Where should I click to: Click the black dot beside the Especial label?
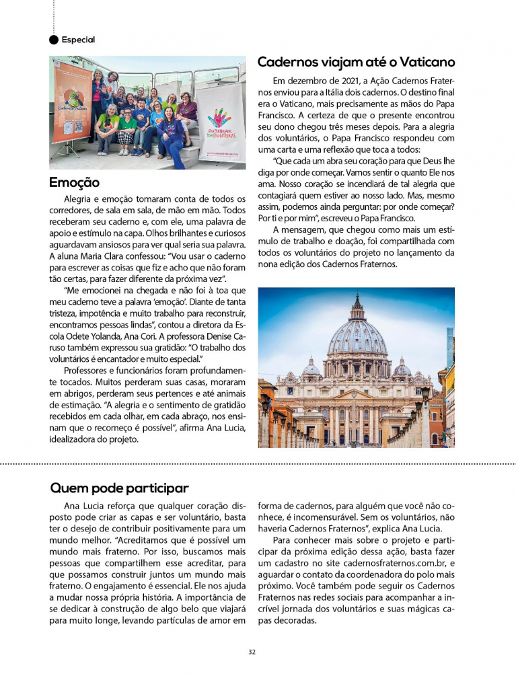[x=54, y=40]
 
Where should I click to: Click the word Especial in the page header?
[x=78, y=40]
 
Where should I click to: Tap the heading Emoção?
[x=75, y=182]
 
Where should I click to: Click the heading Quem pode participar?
[x=119, y=488]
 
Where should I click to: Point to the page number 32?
[x=252, y=652]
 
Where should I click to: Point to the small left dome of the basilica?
[x=311, y=368]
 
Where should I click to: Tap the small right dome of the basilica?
[x=402, y=367]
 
